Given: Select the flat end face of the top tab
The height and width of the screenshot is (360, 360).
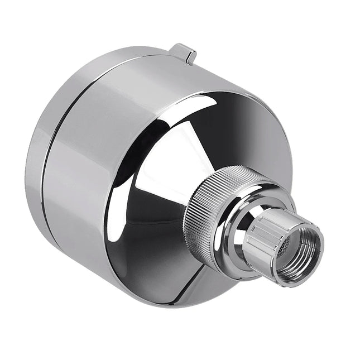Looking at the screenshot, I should point(191,56).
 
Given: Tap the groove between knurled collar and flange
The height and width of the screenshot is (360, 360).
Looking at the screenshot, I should point(223,234).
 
